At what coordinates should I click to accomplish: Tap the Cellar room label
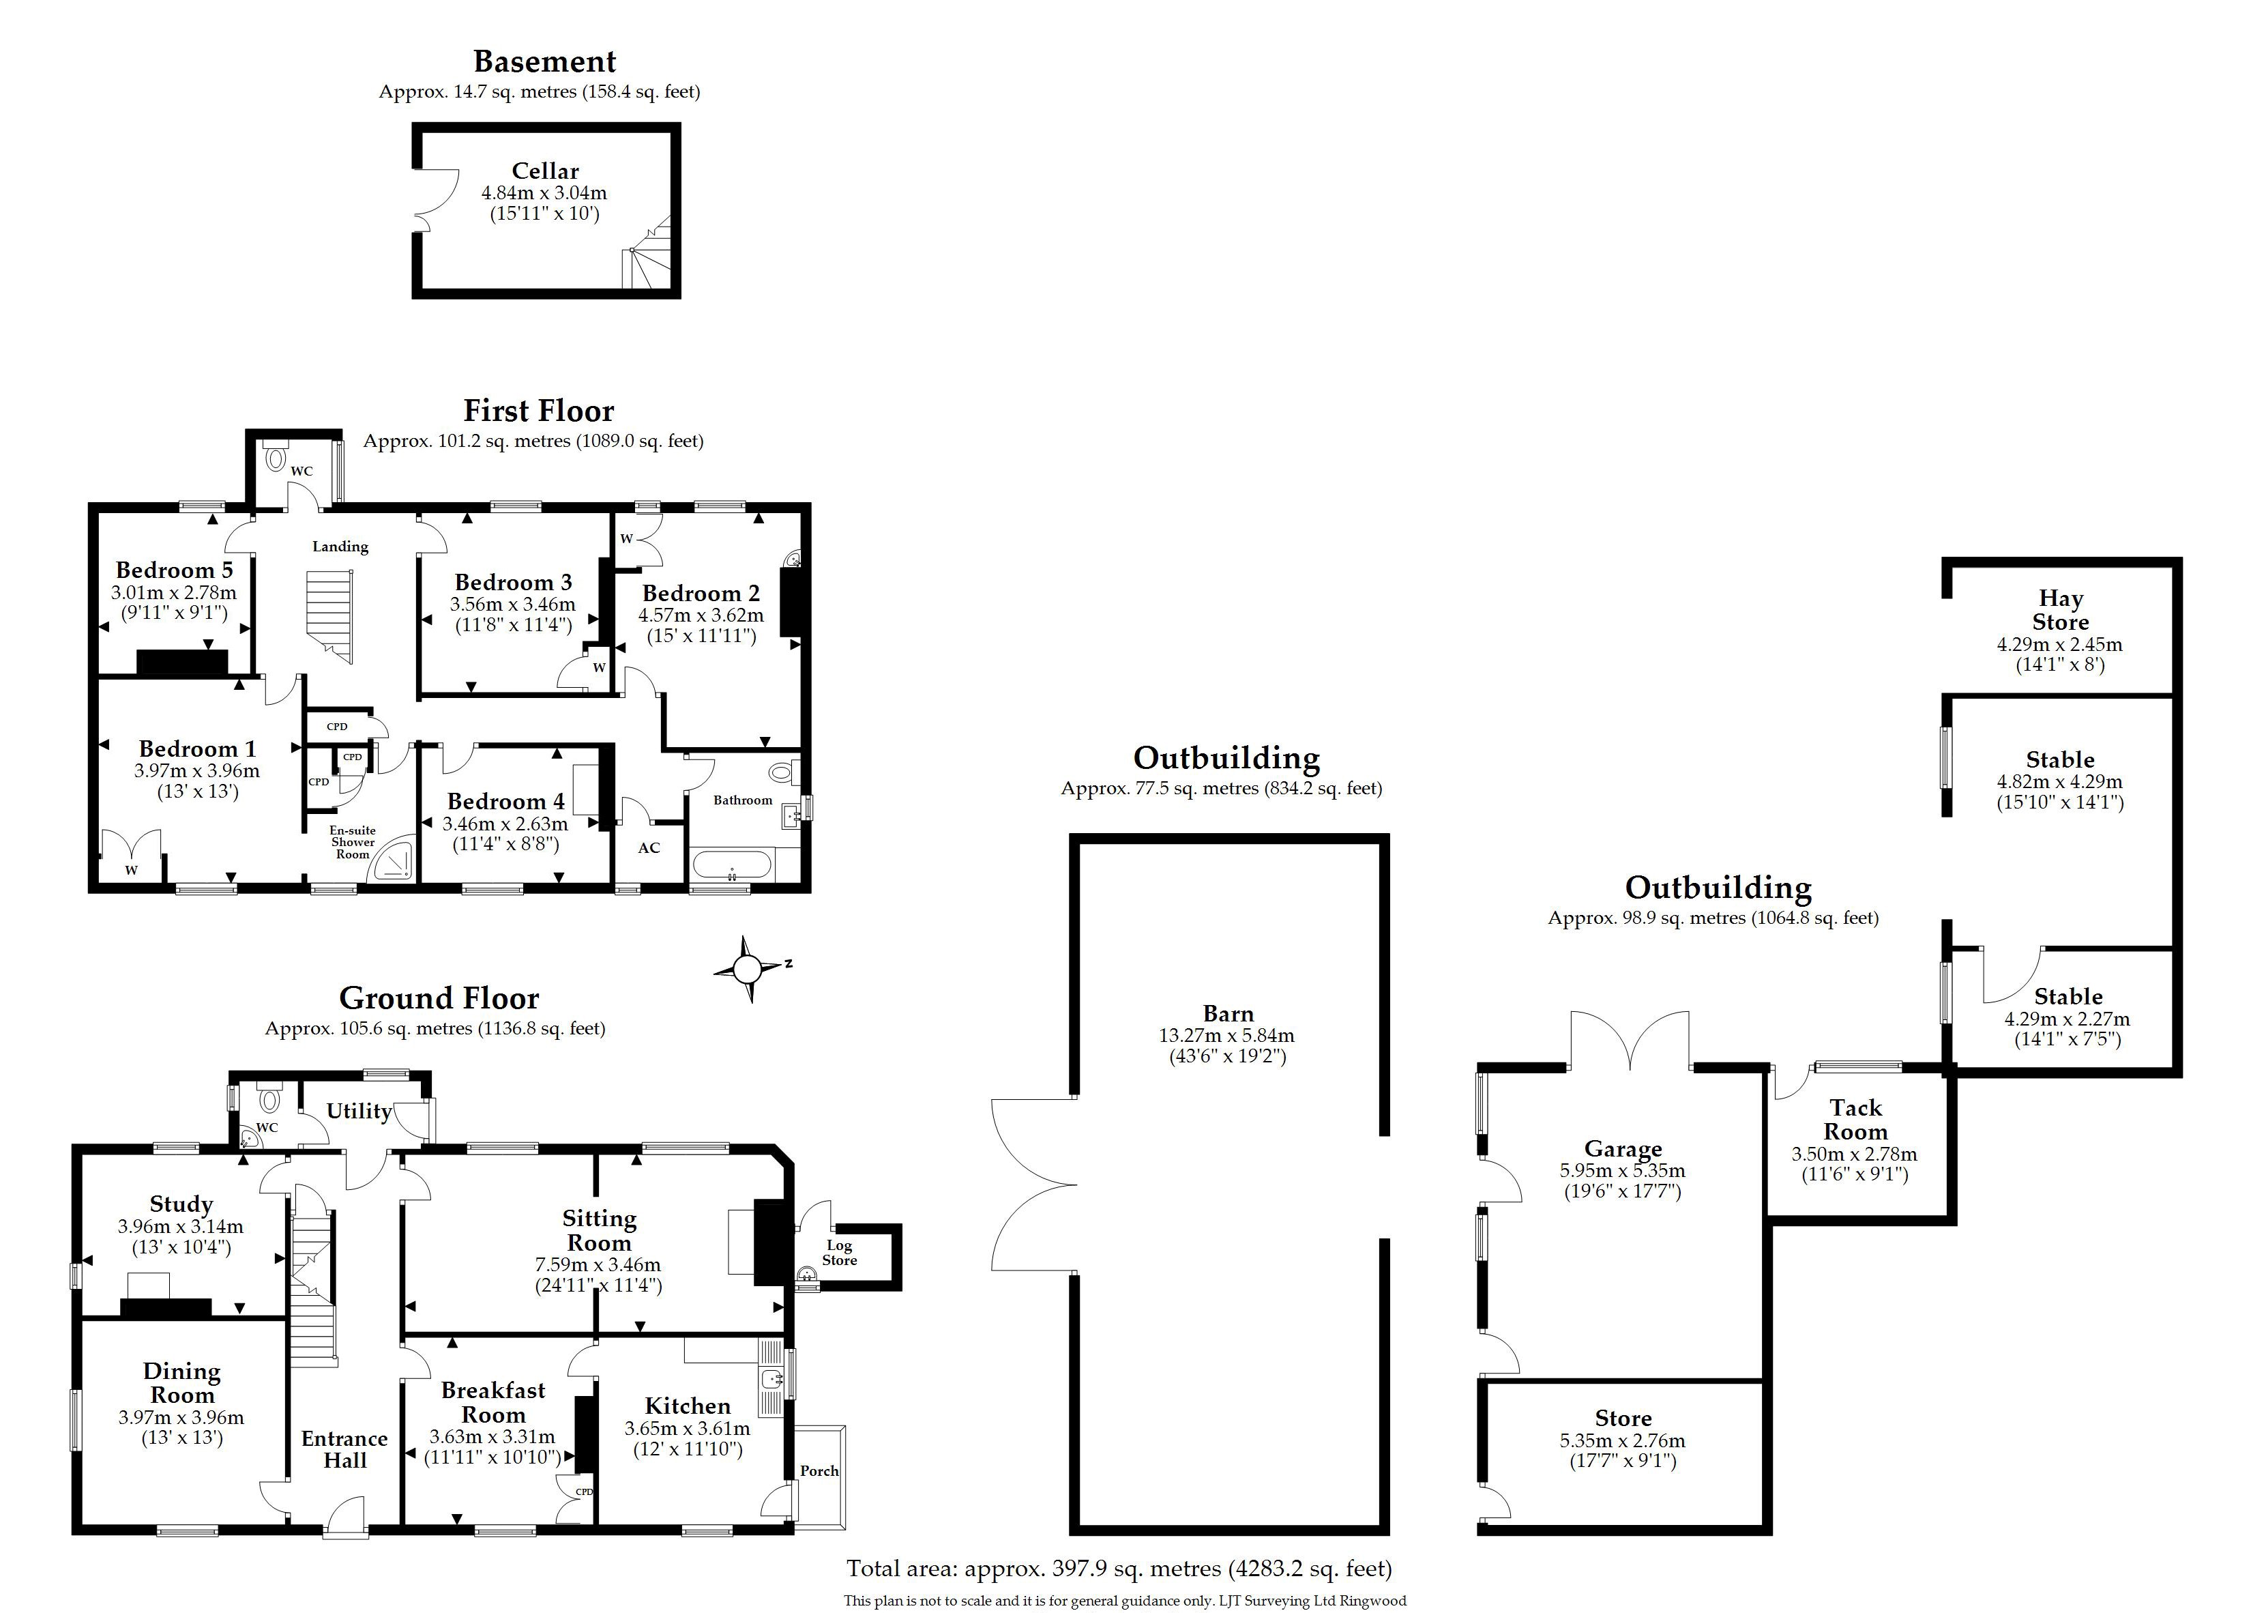545,171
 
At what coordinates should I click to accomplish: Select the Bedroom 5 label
174,570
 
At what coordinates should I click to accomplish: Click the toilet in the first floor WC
275,456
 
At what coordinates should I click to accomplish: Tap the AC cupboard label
649,847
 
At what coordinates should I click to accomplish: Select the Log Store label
840,1253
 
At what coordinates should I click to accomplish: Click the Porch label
820,1471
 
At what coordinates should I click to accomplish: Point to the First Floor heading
539,410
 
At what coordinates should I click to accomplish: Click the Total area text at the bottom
1119,1569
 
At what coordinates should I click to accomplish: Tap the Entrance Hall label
344,1449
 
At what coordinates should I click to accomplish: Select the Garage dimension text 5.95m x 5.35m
1623,1170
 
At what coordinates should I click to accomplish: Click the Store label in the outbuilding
1623,1419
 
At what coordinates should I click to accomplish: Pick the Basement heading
545,61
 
